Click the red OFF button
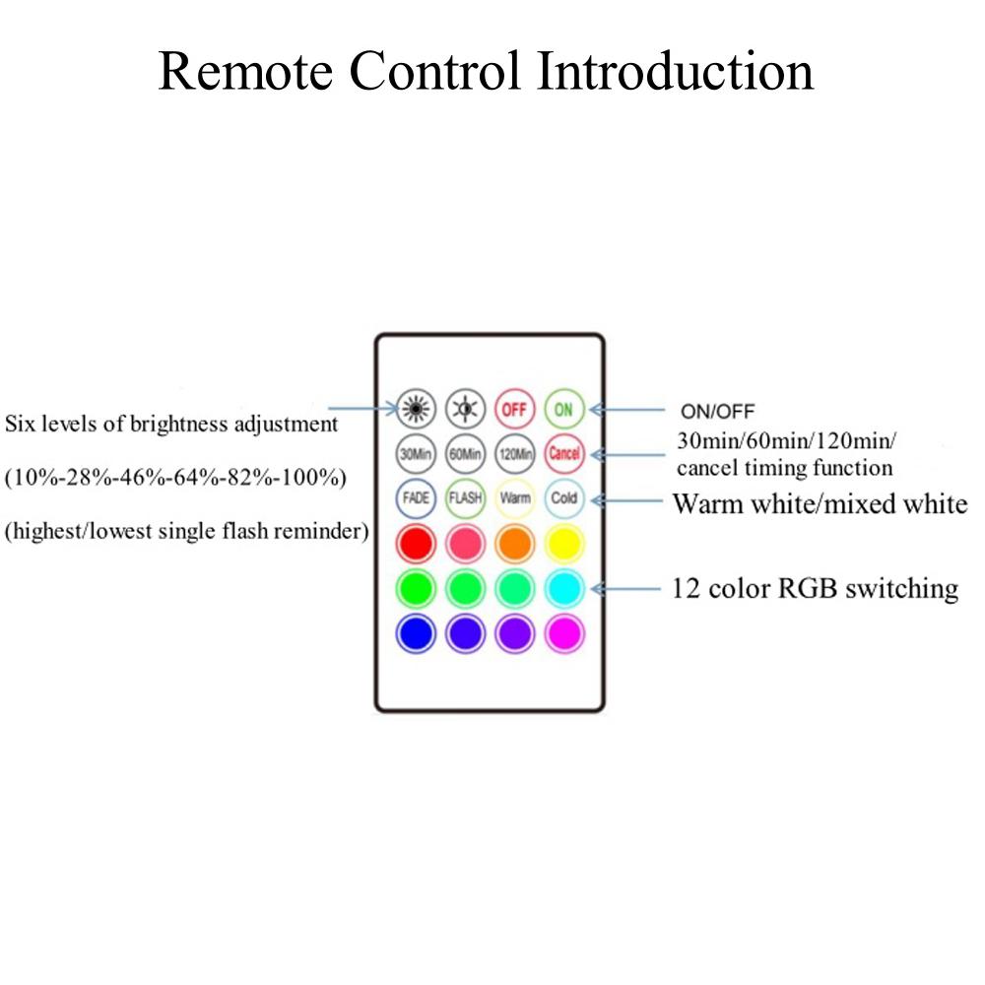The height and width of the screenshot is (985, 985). pos(514,407)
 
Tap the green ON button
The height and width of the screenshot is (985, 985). pos(564,407)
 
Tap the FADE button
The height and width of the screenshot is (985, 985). pos(416,497)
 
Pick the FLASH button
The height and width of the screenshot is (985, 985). pos(465,497)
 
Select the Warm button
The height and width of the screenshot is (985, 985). pos(514,497)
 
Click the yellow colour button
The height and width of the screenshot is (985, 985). pos(564,543)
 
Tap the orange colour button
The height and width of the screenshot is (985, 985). pos(514,543)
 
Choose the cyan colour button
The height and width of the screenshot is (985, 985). pos(564,589)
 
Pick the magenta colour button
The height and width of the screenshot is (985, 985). pos(564,634)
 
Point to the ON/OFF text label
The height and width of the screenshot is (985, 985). pos(718,411)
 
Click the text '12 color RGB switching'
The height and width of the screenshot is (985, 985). pos(815,589)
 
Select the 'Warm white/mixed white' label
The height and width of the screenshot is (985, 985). pos(820,504)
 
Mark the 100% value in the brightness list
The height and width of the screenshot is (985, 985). pos(315,480)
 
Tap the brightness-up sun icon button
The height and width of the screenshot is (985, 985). pos(416,407)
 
